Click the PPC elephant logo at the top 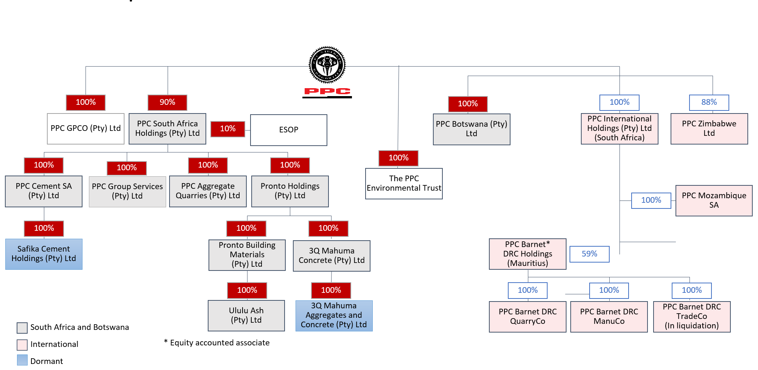[327, 65]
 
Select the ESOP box [289, 130]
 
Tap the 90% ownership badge [167, 103]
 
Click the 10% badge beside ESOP [228, 129]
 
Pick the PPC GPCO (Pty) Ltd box [86, 129]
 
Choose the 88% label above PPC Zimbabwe [709, 103]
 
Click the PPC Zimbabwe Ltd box [709, 129]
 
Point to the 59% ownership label [589, 254]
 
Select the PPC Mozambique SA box [714, 201]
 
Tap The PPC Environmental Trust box [404, 183]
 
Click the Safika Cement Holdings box [44, 254]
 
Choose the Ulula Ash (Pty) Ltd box [246, 316]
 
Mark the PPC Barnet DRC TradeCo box [692, 317]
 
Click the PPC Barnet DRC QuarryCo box [528, 317]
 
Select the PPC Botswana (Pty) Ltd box [472, 129]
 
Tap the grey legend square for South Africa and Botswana [22, 328]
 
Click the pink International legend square [22, 345]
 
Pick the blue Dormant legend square [22, 361]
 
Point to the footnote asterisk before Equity [166, 342]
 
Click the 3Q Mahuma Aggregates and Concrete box [334, 316]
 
